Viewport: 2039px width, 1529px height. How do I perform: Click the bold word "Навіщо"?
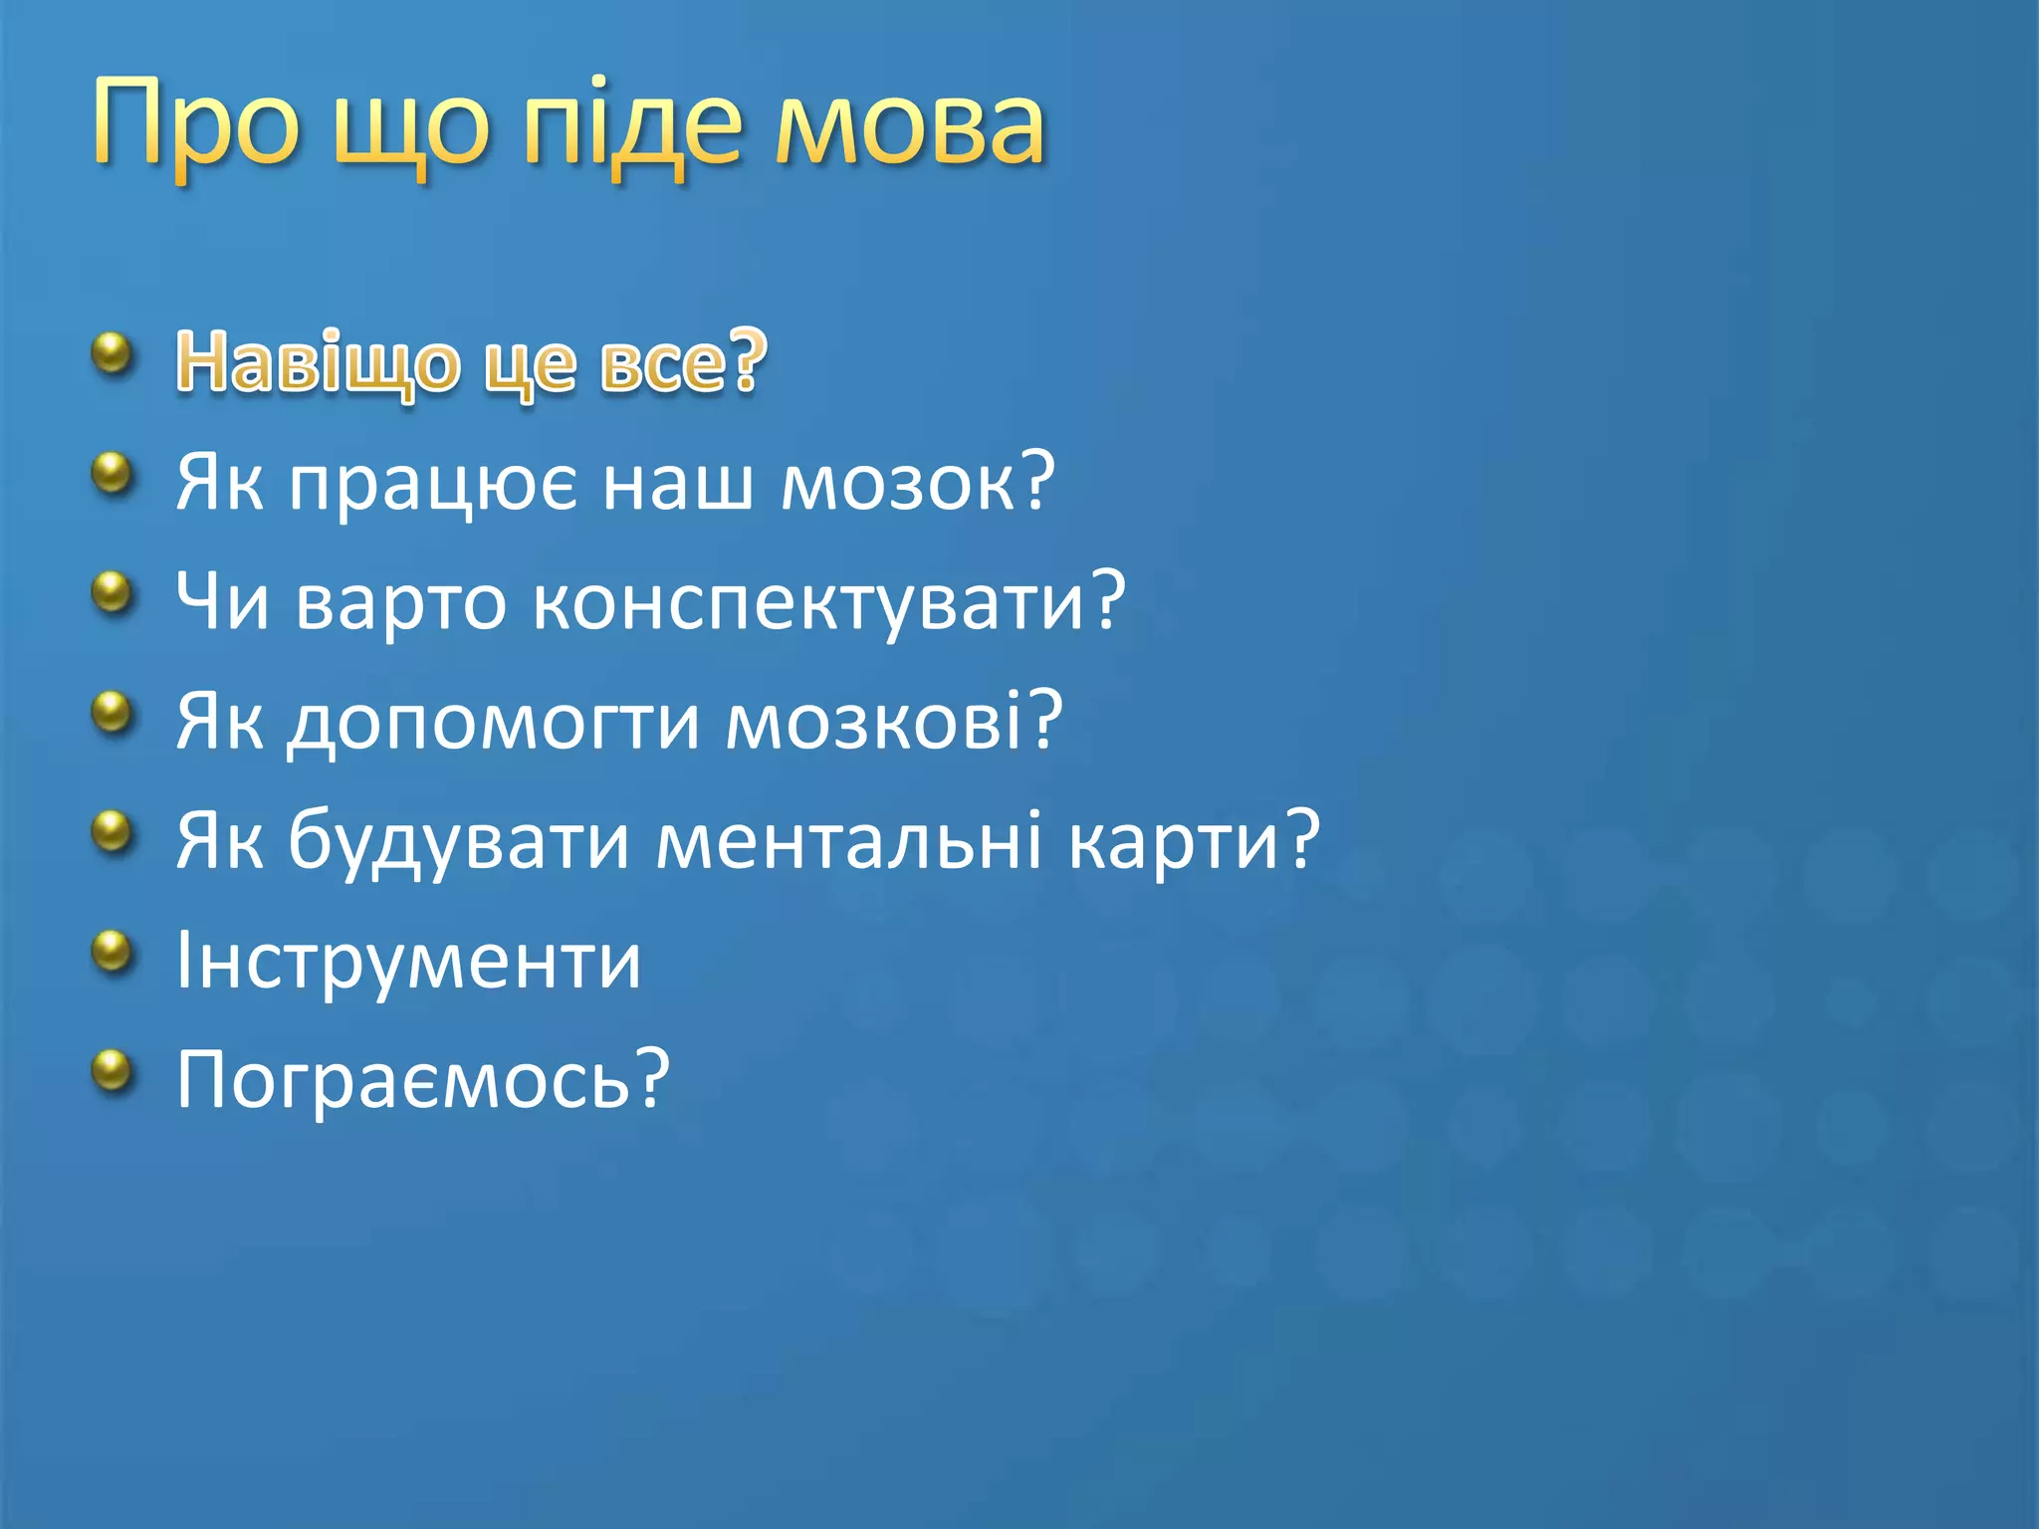317,363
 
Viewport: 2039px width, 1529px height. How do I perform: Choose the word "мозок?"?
917,483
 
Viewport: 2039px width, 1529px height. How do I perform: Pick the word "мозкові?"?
893,722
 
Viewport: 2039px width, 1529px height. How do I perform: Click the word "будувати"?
459,842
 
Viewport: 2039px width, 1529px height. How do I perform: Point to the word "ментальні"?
849,841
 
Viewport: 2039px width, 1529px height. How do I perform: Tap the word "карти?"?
1194,842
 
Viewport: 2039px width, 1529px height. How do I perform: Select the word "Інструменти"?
408,962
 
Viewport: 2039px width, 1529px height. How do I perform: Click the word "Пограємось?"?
422,1081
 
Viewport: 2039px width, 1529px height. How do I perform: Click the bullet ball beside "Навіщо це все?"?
113,354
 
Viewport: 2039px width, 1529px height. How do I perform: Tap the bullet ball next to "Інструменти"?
113,952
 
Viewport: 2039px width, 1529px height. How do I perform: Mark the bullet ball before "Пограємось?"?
113,1071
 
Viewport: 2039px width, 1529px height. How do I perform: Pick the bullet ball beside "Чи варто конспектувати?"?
113,593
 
